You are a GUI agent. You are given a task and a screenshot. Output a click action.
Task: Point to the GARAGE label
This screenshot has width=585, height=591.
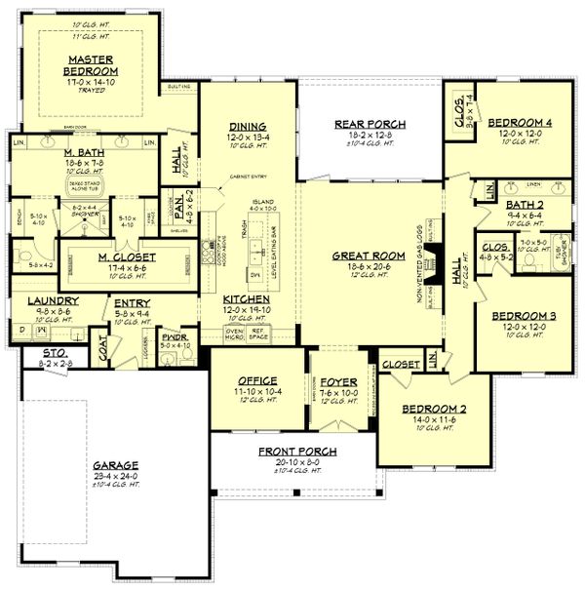click(116, 465)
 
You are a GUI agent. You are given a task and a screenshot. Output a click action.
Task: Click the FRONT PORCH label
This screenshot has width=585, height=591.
click(292, 452)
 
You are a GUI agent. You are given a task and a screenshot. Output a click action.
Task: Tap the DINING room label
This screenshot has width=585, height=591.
click(249, 126)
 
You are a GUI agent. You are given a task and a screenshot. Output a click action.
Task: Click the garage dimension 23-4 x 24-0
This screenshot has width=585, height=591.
click(116, 476)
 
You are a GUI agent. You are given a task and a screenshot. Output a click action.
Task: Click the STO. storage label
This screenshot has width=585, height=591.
click(39, 352)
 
